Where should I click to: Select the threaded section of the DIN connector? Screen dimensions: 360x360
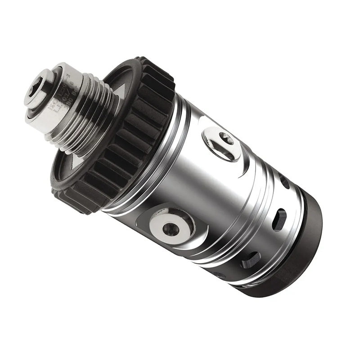pos(97,115)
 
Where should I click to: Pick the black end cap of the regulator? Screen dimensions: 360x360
pos(292,252)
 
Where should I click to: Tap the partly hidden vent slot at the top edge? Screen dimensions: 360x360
pos(284,182)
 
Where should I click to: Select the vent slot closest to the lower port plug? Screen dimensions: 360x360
pos(250,260)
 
